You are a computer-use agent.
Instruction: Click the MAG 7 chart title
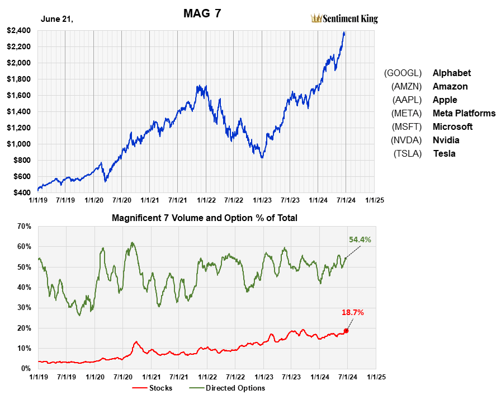click(202, 13)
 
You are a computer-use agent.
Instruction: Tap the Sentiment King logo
click(344, 18)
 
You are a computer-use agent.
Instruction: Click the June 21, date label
click(57, 19)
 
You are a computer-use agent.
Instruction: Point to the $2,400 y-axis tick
click(19, 30)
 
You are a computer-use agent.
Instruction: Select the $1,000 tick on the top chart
click(19, 144)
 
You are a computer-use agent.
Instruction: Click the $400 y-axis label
click(22, 193)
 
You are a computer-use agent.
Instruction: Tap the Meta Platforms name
click(464, 113)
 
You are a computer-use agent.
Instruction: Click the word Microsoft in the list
click(452, 126)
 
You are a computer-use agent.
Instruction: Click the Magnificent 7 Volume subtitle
click(204, 218)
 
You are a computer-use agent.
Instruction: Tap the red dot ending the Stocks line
click(346, 331)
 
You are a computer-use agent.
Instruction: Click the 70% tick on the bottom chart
click(25, 226)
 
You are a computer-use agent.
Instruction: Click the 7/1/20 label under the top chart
click(121, 199)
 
